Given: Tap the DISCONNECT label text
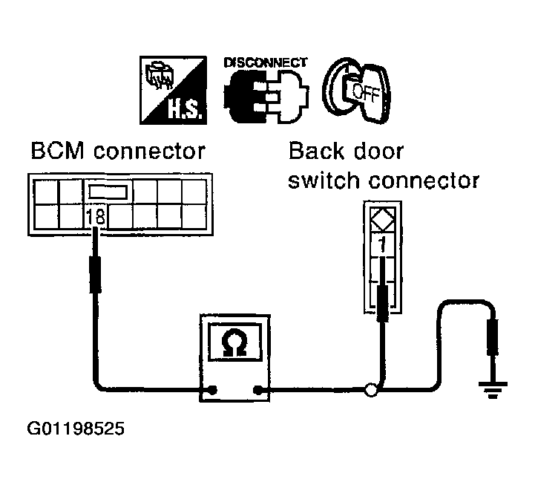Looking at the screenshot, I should tap(265, 63).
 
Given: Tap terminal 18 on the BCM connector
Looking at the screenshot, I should tap(96, 217).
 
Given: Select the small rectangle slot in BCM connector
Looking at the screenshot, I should tap(109, 193).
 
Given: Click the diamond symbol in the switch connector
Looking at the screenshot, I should tap(381, 218).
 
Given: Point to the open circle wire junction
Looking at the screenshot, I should tap(371, 388).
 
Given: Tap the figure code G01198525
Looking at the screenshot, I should tap(74, 429).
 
